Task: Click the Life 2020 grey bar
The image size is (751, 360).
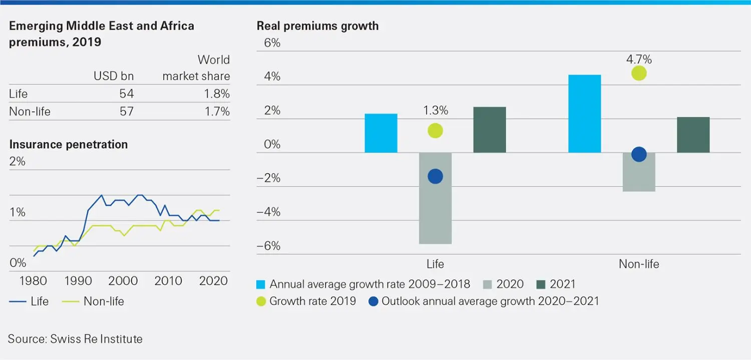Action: (x=436, y=198)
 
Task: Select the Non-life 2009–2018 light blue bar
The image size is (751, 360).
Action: (x=584, y=114)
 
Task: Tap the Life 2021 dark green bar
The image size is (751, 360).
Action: (x=489, y=130)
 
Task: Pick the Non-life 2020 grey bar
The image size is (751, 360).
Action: (x=639, y=172)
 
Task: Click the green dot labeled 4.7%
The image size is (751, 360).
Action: (x=639, y=74)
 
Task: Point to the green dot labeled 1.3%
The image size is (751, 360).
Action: (x=435, y=131)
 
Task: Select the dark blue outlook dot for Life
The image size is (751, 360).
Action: (x=435, y=176)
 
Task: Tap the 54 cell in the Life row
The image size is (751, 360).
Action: (x=127, y=94)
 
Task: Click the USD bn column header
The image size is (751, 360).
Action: (x=114, y=77)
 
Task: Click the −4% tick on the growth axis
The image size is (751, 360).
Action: (x=268, y=212)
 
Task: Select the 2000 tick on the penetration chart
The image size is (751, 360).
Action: (x=123, y=281)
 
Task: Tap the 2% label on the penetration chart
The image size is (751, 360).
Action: (x=17, y=162)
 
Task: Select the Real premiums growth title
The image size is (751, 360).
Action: (x=317, y=26)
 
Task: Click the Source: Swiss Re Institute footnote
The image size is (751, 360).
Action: (x=75, y=339)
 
